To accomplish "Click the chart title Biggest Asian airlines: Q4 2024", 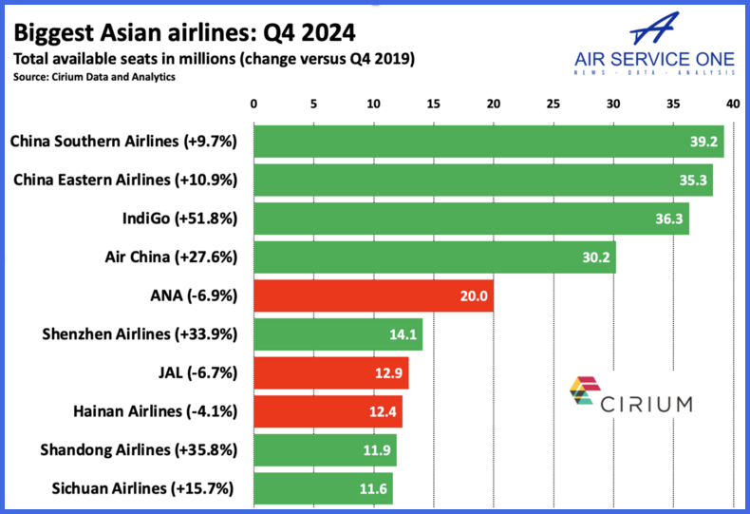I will tap(183, 32).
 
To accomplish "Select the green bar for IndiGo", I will tap(470, 219).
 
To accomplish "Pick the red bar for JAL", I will tap(330, 373).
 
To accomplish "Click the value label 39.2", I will tap(703, 142).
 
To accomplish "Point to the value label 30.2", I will tap(595, 257).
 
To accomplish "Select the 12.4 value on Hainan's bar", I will tap(383, 411).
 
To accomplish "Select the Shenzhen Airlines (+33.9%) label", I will tap(140, 334).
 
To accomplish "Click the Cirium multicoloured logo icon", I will tap(581, 393).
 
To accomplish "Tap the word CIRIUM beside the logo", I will tap(646, 404).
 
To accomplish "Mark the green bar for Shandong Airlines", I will tap(324, 450).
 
